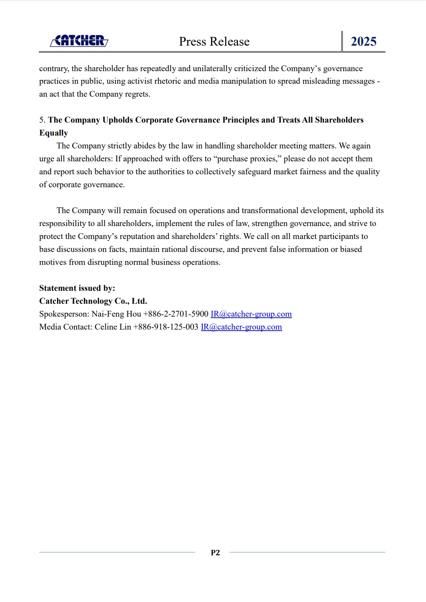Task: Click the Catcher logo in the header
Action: [x=79, y=41]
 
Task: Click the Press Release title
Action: [x=214, y=42]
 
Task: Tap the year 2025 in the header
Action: [x=363, y=42]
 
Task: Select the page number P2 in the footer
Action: [x=215, y=553]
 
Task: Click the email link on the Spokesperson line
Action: [x=251, y=314]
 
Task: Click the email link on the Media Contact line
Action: [x=241, y=327]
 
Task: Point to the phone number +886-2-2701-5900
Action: [x=176, y=314]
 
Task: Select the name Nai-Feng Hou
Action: [x=116, y=314]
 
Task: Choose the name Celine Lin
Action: [x=113, y=327]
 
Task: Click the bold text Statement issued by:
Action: [x=77, y=288]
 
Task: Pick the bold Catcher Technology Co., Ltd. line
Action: [x=93, y=301]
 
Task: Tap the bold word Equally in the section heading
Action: [x=54, y=133]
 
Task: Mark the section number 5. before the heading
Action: [x=42, y=120]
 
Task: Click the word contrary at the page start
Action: [x=54, y=69]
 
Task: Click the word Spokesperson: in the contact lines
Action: [x=64, y=314]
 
